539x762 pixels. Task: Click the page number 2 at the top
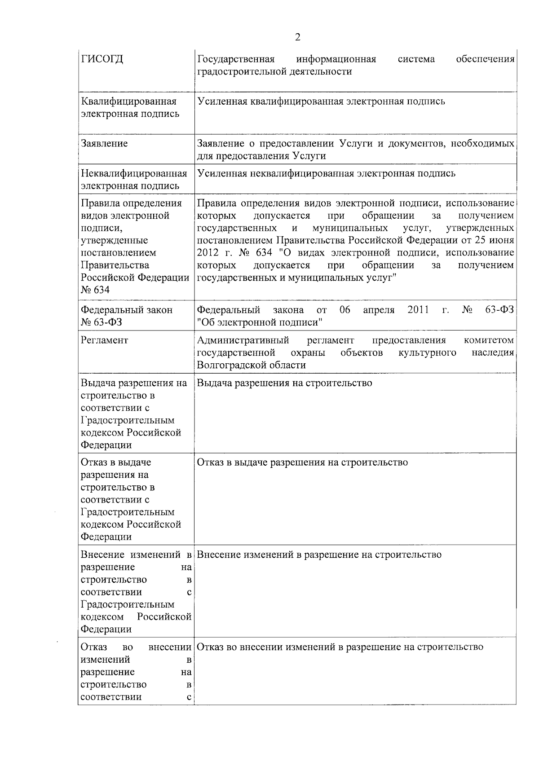[297, 37]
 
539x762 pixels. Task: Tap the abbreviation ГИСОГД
[102, 59]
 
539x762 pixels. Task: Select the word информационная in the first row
[336, 59]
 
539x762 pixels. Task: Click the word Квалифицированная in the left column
[128, 101]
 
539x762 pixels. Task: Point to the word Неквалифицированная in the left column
[134, 173]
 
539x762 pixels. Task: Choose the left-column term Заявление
[104, 144]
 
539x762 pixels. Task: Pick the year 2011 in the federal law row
[418, 310]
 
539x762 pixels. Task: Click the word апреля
[379, 310]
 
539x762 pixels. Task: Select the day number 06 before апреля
[345, 310]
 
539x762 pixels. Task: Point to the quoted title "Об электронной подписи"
[260, 322]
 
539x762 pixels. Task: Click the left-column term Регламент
[104, 340]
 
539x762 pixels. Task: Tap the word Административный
[243, 340]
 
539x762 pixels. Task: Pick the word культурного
[427, 352]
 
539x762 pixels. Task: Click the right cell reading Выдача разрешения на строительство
[285, 383]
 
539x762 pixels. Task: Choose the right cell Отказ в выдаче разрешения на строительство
[302, 462]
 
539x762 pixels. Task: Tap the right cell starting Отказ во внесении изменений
[340, 647]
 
